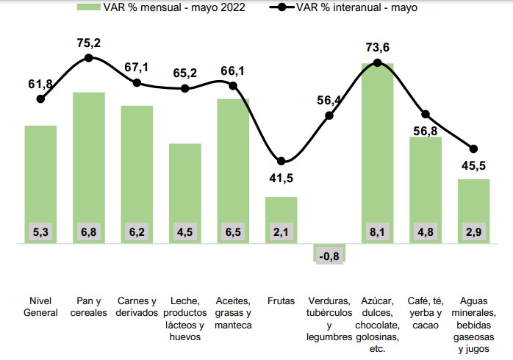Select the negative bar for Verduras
coord(329,250)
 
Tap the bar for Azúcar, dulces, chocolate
coord(377,147)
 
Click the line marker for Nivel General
coord(40,98)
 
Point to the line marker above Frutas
coord(281,161)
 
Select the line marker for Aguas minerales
coord(473,149)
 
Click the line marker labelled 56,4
coord(329,115)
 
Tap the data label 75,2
coord(88,43)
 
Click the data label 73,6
coord(377,48)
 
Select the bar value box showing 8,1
coord(377,232)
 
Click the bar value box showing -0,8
coord(329,256)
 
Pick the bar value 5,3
coord(40,232)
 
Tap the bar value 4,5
coord(184,232)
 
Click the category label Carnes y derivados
coord(137,307)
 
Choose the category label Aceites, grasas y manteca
coord(233,313)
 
